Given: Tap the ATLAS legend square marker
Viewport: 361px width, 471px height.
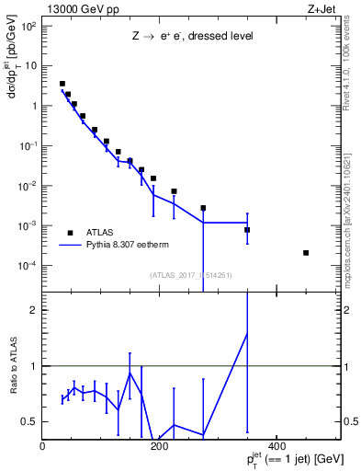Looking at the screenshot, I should (x=70, y=232).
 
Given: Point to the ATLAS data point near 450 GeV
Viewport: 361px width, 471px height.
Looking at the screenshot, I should (x=306, y=253).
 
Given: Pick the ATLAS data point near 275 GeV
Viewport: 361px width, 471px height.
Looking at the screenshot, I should (x=203, y=208).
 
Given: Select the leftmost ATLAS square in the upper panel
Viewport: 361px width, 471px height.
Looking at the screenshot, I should (x=62, y=84).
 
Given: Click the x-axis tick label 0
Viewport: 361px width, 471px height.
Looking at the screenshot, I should (x=43, y=447).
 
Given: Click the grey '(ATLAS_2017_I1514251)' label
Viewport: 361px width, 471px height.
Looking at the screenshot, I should (x=190, y=275).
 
